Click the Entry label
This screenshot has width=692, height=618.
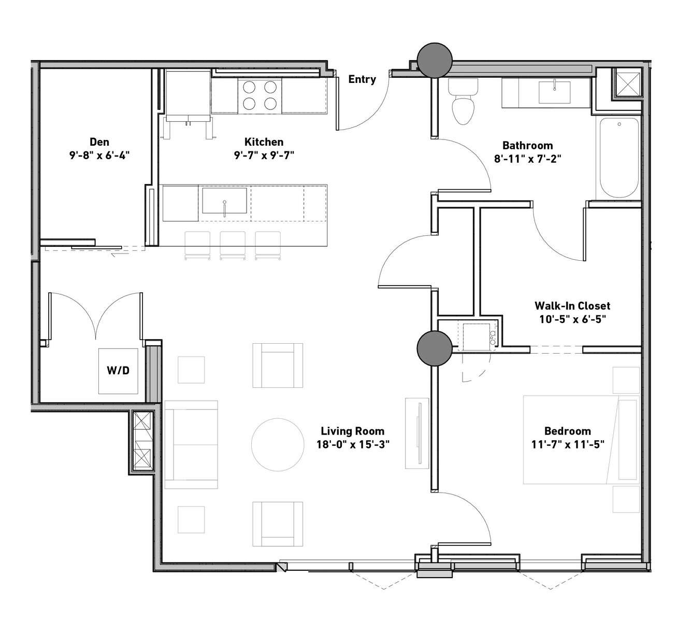tap(362, 79)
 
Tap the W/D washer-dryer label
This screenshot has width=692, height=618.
tap(118, 370)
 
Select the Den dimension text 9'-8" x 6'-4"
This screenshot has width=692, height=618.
tap(99, 156)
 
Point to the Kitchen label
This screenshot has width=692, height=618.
tap(264, 142)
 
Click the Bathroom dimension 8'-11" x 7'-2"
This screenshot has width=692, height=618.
tap(527, 159)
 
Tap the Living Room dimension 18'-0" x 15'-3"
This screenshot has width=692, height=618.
tap(353, 444)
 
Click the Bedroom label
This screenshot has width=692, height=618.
tap(567, 431)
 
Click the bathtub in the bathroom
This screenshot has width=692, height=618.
tap(618, 158)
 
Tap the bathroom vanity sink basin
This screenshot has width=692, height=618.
tap(554, 92)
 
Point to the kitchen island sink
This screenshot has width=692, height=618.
tap(224, 201)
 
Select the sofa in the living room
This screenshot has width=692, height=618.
tap(191, 445)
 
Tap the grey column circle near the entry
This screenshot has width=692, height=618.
tap(435, 60)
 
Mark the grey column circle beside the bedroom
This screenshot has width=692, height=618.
tap(435, 348)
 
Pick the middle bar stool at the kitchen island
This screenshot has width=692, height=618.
tap(232, 246)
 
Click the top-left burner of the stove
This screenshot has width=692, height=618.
tap(249, 87)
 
